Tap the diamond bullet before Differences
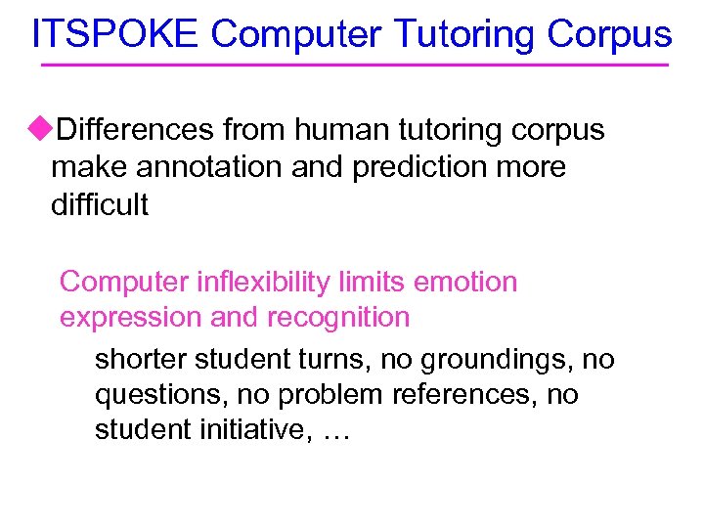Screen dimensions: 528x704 point(40,128)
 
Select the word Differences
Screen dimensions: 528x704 point(136,129)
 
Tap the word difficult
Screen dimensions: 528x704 point(99,205)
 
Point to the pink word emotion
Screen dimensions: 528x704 point(466,282)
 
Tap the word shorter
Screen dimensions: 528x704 point(141,360)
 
